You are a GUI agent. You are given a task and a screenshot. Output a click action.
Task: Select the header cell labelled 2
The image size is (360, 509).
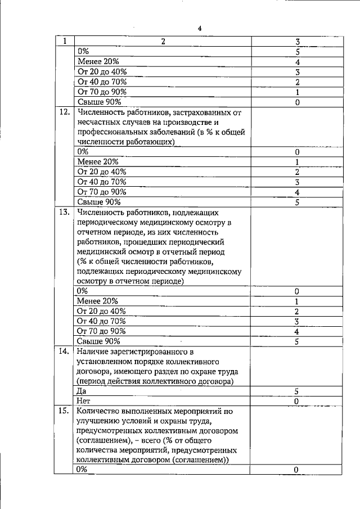(163, 41)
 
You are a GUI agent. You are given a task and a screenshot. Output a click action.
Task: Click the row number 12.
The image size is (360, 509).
(64, 112)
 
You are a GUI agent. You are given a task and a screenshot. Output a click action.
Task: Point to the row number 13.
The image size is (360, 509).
(64, 213)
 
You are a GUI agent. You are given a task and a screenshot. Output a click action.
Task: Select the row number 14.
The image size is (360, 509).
(64, 352)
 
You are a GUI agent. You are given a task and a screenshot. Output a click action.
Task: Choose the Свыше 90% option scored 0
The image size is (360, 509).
(98, 102)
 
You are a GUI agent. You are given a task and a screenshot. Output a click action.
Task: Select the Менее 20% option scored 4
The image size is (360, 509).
(98, 62)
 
